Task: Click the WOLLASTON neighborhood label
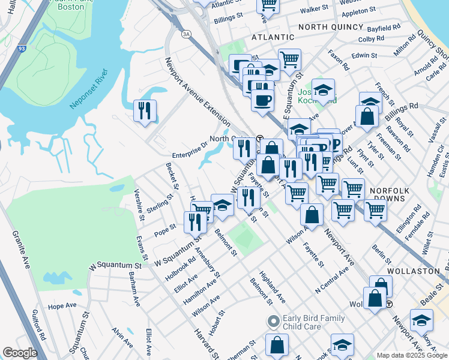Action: pyautogui.click(x=414, y=271)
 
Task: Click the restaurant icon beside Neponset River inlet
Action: pyautogui.click(x=145, y=110)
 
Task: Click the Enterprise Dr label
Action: pyautogui.click(x=189, y=145)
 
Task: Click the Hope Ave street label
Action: pyautogui.click(x=62, y=305)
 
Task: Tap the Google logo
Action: pyautogui.click(x=20, y=353)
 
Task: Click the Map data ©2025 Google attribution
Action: pyautogui.click(x=411, y=355)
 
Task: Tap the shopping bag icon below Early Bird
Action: pyautogui.click(x=277, y=346)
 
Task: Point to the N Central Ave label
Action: pyautogui.click(x=332, y=280)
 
